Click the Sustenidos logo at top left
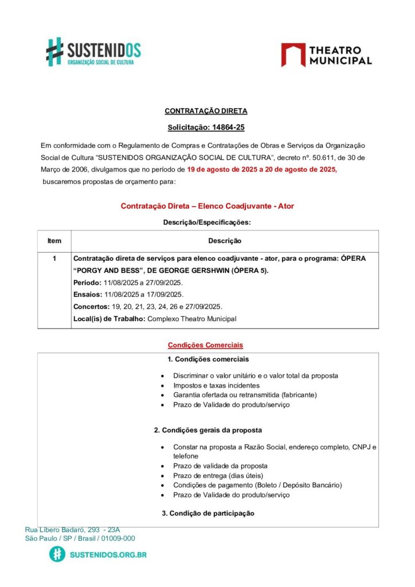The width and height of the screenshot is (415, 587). point(93,52)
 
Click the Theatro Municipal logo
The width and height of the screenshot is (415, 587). point(326,55)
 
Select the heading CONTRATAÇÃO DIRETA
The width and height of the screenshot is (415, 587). point(206,111)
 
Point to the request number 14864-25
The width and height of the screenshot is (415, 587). point(225,128)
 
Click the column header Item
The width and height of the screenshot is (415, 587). point(54,241)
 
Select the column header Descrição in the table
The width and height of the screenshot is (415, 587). point(224,241)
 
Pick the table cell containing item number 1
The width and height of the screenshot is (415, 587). point(54,259)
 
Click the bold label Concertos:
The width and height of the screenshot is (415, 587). point(92,307)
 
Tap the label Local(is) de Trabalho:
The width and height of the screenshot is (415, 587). point(109,319)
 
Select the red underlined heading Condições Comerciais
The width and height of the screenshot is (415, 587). point(205,345)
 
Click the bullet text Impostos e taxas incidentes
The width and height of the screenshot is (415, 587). point(216,386)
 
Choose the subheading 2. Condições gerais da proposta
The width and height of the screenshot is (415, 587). point(208,430)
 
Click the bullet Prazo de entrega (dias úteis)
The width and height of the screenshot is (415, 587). point(218,475)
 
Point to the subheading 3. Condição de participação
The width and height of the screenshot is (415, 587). point(208,513)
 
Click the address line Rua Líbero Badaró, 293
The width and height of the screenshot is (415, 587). point(72,530)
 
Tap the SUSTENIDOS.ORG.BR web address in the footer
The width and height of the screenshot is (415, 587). point(108,555)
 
